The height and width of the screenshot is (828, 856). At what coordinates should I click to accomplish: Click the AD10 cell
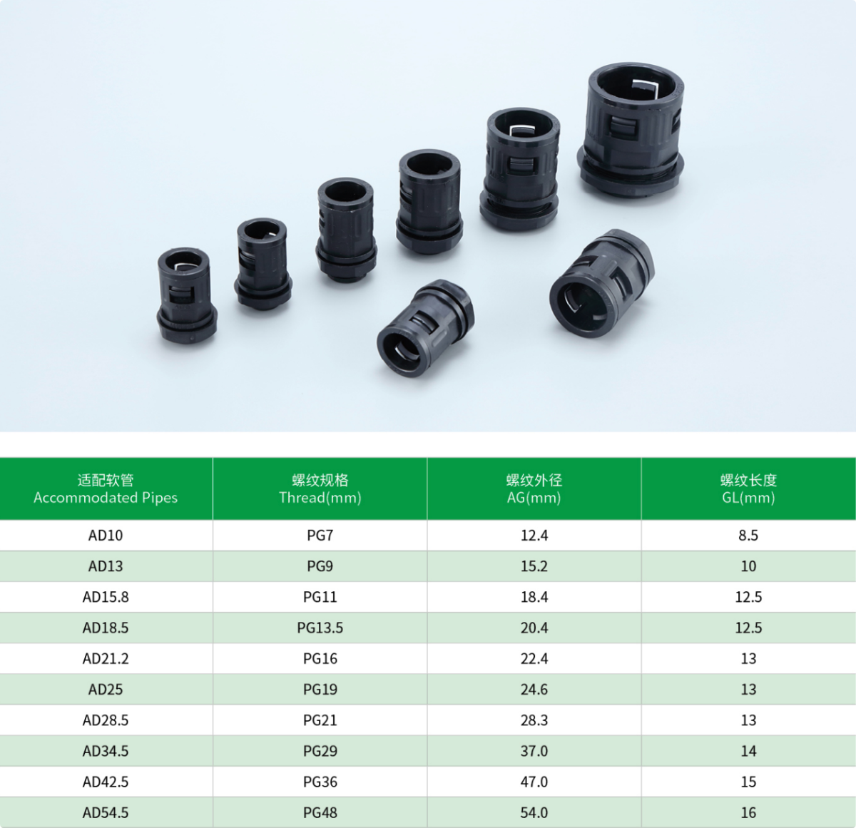pyautogui.click(x=106, y=535)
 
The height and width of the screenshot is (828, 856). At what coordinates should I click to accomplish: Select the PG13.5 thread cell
pyautogui.click(x=320, y=628)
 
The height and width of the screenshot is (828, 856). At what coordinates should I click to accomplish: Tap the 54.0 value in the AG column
pyautogui.click(x=534, y=812)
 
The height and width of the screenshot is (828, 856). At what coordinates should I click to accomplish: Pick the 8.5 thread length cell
pyautogui.click(x=748, y=535)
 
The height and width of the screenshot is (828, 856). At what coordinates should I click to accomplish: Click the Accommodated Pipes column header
pyautogui.click(x=106, y=489)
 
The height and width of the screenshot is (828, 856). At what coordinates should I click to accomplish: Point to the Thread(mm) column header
pyautogui.click(x=320, y=489)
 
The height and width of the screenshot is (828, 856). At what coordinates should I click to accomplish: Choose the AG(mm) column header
pyautogui.click(x=534, y=489)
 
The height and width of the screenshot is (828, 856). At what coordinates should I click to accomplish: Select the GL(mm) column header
pyautogui.click(x=748, y=489)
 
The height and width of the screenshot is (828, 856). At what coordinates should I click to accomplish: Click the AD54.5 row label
pyautogui.click(x=106, y=812)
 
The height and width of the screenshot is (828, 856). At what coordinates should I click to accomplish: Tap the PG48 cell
pyautogui.click(x=320, y=812)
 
